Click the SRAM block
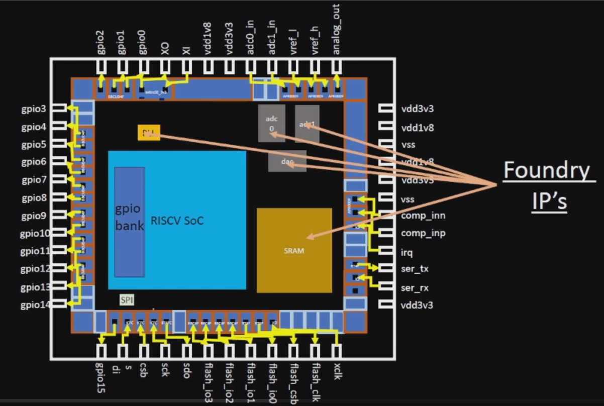tap(294, 250)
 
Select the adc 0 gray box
tap(271, 123)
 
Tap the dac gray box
tap(287, 161)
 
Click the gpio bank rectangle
tap(129, 221)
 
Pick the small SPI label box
tap(127, 300)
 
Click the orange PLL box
tap(148, 133)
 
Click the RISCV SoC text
tap(177, 221)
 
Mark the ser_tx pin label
tap(415, 269)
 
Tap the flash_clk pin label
tap(315, 382)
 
